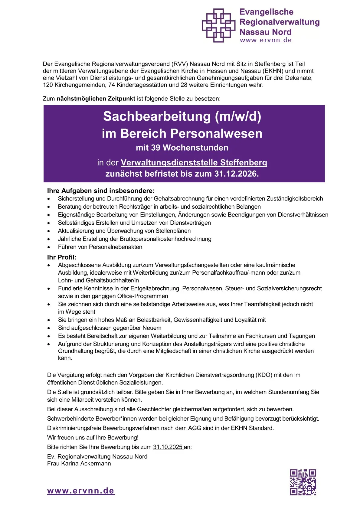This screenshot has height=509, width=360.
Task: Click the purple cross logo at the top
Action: [218, 25]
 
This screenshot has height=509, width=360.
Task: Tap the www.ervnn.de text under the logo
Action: [266, 40]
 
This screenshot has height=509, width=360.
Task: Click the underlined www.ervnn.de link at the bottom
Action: [81, 491]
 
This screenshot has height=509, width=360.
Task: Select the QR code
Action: [303, 482]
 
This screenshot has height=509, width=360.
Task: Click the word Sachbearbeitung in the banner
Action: [157, 116]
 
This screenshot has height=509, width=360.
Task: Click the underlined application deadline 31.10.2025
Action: [168, 447]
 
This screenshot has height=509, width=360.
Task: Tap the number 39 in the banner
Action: [155, 148]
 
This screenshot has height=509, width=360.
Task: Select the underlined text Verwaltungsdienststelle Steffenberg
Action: [194, 163]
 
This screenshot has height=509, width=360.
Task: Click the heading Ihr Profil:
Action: [62, 257]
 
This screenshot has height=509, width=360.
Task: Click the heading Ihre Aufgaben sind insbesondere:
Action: [101, 191]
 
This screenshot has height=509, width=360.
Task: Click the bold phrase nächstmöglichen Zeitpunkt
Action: [96, 99]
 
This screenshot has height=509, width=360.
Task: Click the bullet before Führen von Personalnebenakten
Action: [49, 247]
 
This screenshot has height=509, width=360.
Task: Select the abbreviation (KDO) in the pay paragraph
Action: [264, 375]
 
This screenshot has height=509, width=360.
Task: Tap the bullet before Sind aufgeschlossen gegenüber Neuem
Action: [49, 328]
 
